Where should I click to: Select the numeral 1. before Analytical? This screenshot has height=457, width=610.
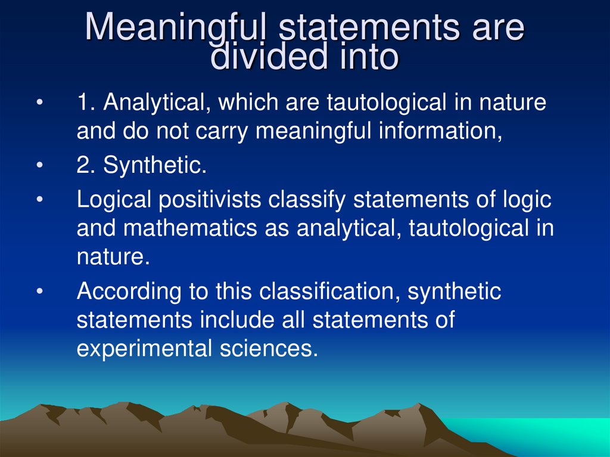(86, 103)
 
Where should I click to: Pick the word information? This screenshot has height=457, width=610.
(441, 132)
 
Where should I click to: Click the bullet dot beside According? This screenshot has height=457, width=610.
(39, 293)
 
